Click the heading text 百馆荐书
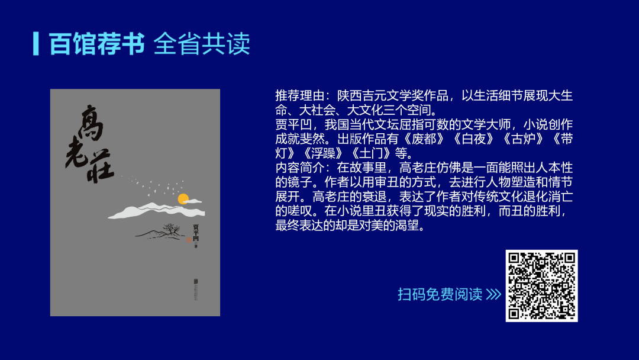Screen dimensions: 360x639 pyautogui.click(x=96, y=43)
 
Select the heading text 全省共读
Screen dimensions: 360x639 pyautogui.click(x=201, y=43)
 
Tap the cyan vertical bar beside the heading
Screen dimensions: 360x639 pyautogui.click(x=36, y=43)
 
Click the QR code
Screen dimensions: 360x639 pyautogui.click(x=541, y=285)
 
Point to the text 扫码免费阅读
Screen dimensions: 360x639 pyautogui.click(x=440, y=294)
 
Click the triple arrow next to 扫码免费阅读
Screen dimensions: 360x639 pyautogui.click(x=493, y=294)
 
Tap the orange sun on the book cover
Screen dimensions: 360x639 pyautogui.click(x=183, y=199)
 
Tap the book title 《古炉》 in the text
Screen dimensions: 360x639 pyautogui.click(x=519, y=139)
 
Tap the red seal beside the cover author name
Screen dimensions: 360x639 pyautogui.click(x=189, y=241)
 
